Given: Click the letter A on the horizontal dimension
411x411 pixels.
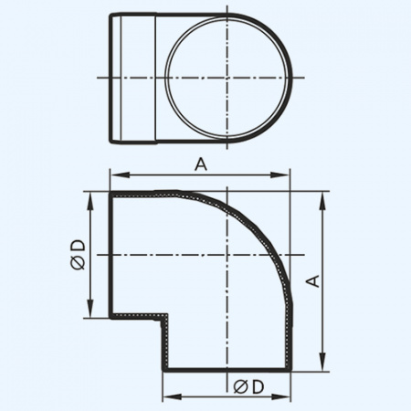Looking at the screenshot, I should point(200,163).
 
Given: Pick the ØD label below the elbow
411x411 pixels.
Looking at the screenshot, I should point(248,386).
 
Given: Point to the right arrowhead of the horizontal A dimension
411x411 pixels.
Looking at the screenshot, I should point(285,175).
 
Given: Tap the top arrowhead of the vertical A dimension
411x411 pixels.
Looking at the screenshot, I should point(323,197).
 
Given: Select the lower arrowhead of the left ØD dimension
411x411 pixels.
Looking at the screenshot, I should point(91,312).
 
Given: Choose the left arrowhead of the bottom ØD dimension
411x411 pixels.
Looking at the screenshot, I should point(168,398).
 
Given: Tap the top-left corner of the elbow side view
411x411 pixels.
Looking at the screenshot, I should point(111,194).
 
